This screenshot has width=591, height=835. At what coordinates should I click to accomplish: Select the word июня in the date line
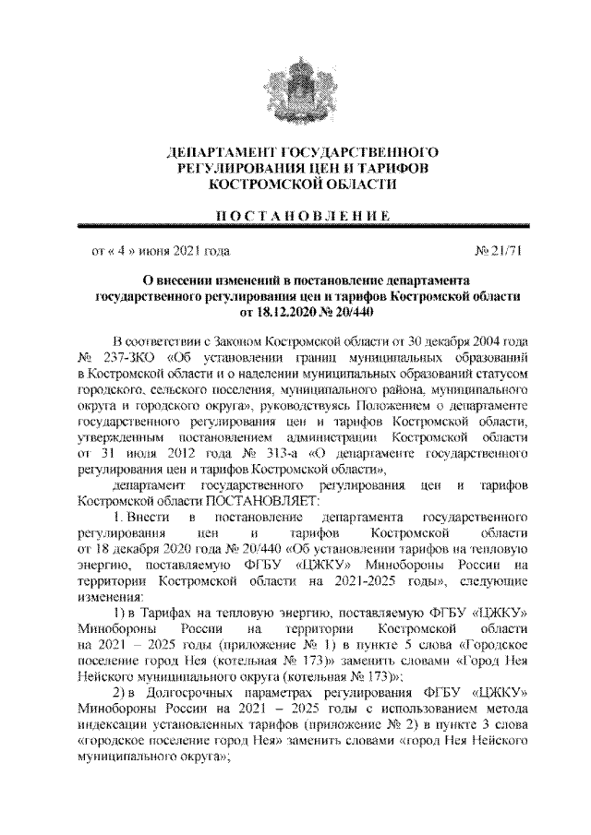tap(154, 249)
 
